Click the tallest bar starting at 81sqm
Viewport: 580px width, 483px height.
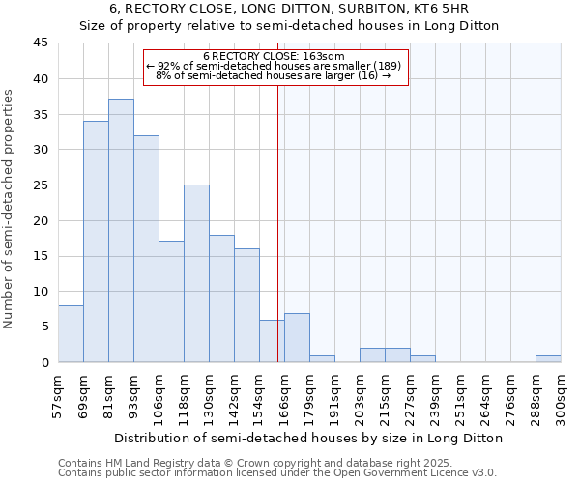(x=121, y=231)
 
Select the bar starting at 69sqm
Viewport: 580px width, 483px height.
(x=96, y=241)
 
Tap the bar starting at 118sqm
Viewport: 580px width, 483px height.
(x=196, y=273)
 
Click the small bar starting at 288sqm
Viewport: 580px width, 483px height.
(x=548, y=358)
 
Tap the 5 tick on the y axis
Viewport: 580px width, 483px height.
(x=44, y=327)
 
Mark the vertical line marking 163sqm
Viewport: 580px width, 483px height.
(x=278, y=241)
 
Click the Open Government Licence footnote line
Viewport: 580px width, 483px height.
(x=277, y=472)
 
